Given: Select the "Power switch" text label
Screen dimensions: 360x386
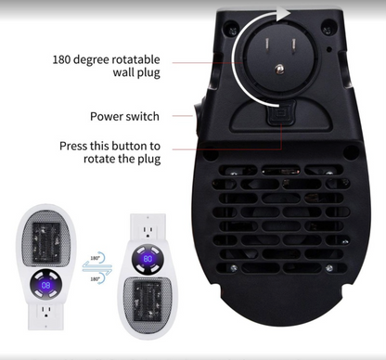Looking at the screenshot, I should coord(124,116).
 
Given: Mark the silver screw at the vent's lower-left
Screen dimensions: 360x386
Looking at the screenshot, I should coord(233,268).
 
